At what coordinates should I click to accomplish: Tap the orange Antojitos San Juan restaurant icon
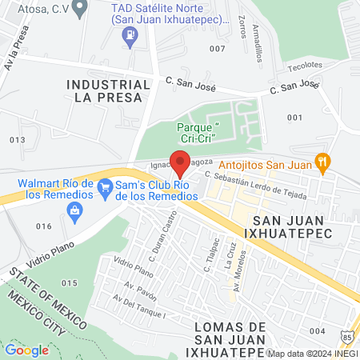pyautogui.click(x=322, y=161)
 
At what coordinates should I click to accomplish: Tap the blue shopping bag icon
pyautogui.click(x=75, y=210)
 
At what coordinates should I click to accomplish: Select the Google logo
pyautogui.click(x=26, y=350)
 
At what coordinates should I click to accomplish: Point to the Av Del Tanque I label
pyautogui.click(x=139, y=307)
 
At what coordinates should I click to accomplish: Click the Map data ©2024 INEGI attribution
pyautogui.click(x=311, y=353)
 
